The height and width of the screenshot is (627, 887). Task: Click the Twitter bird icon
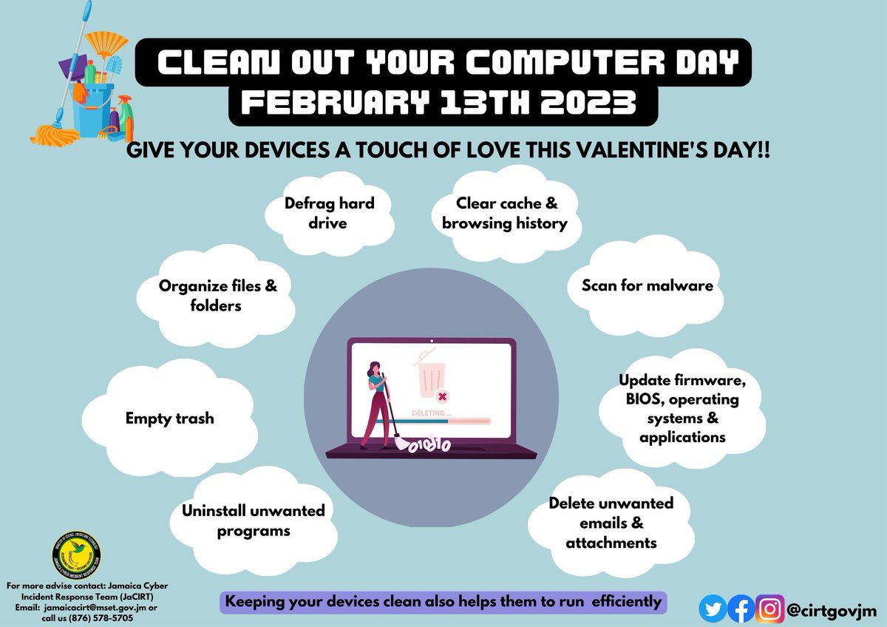tap(713, 609)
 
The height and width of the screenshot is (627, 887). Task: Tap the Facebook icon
tap(741, 609)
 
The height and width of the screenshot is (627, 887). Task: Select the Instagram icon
tap(770, 609)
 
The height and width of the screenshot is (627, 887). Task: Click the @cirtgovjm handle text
tap(831, 610)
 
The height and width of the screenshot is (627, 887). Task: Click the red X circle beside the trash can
tap(442, 396)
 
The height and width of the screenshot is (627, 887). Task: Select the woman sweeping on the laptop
tap(377, 403)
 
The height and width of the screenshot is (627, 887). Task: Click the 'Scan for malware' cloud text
tap(648, 285)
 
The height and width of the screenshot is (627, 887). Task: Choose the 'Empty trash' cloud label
tap(169, 418)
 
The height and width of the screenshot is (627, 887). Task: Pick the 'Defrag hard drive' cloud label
tap(330, 213)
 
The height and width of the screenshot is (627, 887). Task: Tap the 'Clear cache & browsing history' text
tap(504, 213)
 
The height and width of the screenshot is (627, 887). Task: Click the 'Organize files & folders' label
tap(218, 295)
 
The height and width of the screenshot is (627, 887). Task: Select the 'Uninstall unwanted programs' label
tap(254, 521)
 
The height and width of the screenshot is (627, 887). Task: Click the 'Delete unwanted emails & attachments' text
tap(611, 523)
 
